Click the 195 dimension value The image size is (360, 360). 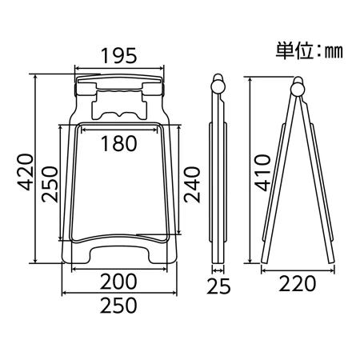pyautogui.click(x=119, y=56)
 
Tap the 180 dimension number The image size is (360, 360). pyautogui.click(x=119, y=143)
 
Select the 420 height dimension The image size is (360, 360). pyautogui.click(x=26, y=172)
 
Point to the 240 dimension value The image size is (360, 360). pyautogui.click(x=192, y=185)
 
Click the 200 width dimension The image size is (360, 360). pyautogui.click(x=118, y=282)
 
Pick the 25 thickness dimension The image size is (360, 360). pyautogui.click(x=218, y=286)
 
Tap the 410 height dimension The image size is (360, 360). pyautogui.click(x=262, y=173)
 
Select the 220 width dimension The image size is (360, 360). pyautogui.click(x=298, y=284)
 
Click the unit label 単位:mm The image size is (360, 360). pyautogui.click(x=310, y=50)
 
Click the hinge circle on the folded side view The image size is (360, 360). pyautogui.click(x=218, y=87)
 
